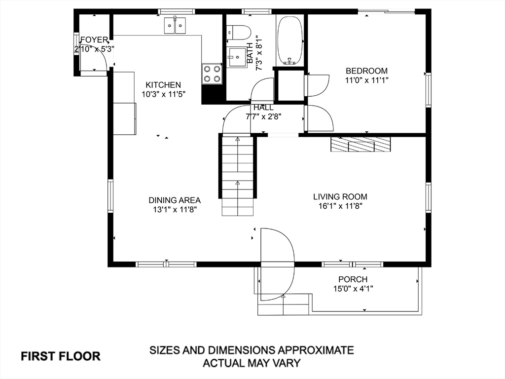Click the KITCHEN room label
(163, 85)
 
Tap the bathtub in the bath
(290, 40)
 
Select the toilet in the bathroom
(239, 33)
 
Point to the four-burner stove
(212, 74)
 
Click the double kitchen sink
(175, 25)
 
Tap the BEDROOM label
(366, 71)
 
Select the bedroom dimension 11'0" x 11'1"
(367, 80)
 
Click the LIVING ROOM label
(340, 196)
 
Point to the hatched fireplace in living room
(361, 144)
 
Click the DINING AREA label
(175, 200)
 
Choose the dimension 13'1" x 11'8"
(175, 210)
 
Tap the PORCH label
(353, 279)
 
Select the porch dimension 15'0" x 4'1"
(353, 289)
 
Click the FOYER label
(94, 40)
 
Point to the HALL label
(263, 108)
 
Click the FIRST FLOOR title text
(61, 356)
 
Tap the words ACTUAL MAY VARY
(252, 363)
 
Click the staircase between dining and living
(238, 176)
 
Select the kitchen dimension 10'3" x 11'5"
(163, 94)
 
